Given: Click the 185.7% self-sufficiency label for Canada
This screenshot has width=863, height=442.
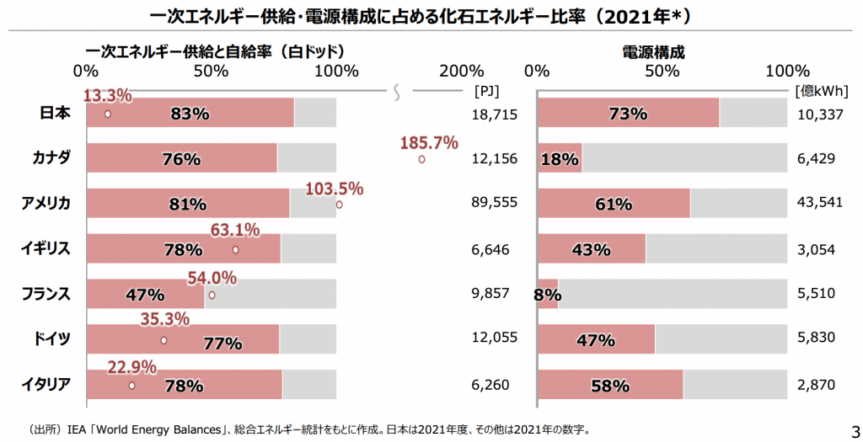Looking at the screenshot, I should click(x=429, y=142).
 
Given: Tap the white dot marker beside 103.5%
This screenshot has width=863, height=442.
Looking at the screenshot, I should click(x=339, y=204).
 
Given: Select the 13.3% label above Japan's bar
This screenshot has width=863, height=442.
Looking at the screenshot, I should click(x=107, y=96).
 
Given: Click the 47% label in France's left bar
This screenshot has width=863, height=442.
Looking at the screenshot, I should click(x=144, y=295).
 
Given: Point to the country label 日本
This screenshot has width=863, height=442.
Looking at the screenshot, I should click(x=56, y=113).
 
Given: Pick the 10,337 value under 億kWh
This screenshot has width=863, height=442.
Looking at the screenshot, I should click(x=819, y=114).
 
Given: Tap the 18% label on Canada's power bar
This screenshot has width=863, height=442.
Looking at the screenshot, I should click(x=560, y=159).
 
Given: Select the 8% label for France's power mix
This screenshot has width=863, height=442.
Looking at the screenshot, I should click(x=548, y=295).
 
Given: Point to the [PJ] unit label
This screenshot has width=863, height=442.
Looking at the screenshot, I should click(x=488, y=90).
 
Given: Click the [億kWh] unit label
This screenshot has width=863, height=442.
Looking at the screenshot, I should click(x=821, y=90).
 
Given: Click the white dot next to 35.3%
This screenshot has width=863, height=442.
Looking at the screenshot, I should click(x=163, y=341).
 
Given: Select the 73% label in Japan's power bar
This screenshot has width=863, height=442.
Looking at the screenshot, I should click(x=628, y=114).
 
